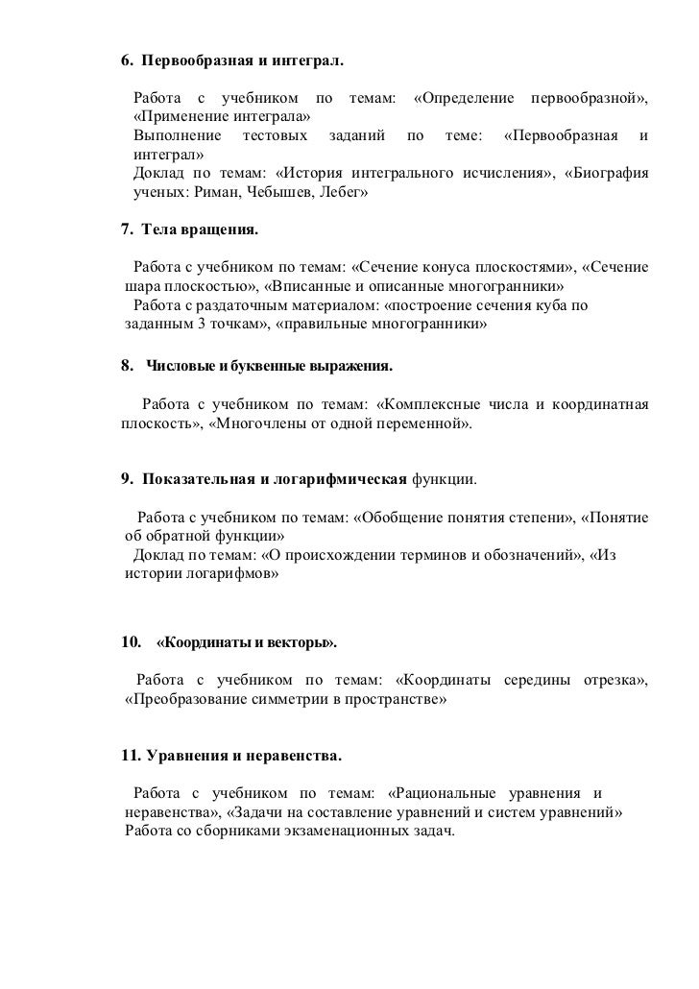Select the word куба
(522, 306)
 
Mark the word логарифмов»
(234, 574)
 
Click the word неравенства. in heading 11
(291, 757)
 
